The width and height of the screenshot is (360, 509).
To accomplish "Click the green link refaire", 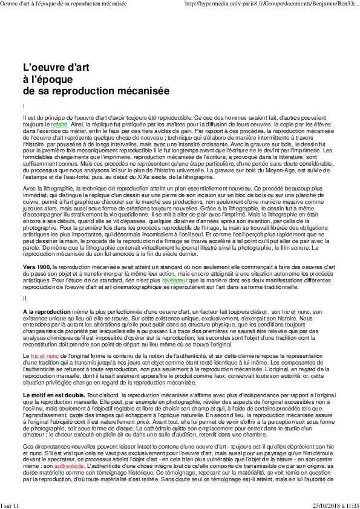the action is pos(59,124).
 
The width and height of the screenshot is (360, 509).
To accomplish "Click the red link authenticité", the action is pos(69,467).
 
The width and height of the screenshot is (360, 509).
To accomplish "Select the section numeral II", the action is pos(25,297).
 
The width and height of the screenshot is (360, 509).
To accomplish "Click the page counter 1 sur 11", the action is pos(10,505).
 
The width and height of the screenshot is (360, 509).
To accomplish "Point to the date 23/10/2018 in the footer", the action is pos(326,505).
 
